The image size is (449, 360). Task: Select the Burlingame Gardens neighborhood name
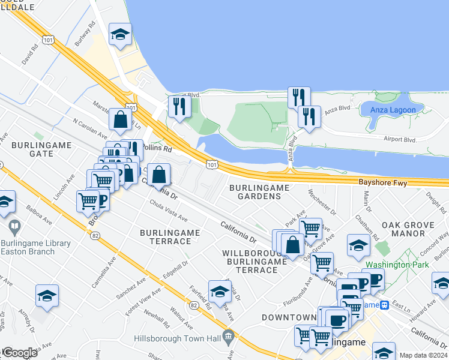pos(259,192)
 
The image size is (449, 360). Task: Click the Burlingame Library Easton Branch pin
pos(14,227)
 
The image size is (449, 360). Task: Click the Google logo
pos(19,353)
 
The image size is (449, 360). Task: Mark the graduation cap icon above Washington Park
pos(358,246)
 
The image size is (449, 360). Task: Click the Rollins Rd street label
pos(157,148)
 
